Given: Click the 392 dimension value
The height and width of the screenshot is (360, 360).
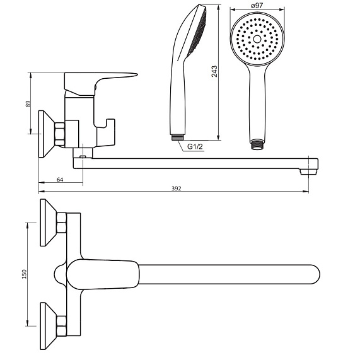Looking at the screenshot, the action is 177,189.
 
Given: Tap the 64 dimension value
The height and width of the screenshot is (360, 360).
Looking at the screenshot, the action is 60,180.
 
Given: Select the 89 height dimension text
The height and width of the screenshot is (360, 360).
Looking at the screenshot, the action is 28,103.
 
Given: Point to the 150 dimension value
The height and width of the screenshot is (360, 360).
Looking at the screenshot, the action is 25,274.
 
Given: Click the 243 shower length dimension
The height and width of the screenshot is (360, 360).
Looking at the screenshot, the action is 214,71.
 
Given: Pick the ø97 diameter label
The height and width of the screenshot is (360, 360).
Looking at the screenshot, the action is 257,5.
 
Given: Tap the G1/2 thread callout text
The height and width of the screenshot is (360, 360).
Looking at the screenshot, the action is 195,146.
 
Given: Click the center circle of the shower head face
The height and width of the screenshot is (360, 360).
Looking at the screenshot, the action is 257,39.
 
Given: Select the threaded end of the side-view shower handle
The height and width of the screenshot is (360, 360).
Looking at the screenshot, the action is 178,137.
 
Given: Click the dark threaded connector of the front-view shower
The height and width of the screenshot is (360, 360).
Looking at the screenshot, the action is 257,144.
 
